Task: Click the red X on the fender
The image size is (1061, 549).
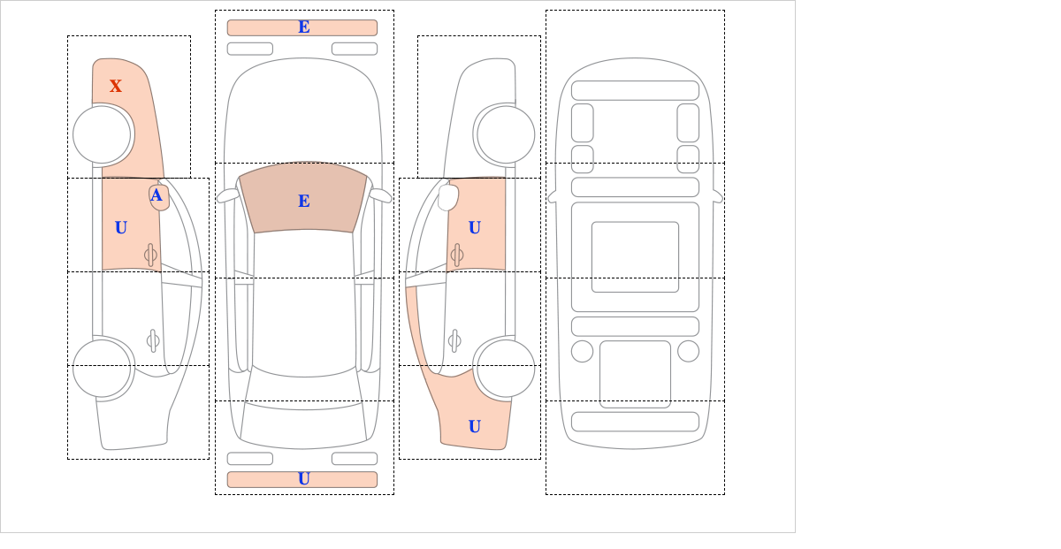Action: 116,86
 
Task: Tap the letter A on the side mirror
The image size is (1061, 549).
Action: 156,195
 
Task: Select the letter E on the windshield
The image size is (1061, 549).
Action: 304,201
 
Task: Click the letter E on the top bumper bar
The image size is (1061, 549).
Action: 304,27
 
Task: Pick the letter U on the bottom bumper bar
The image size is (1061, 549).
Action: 304,479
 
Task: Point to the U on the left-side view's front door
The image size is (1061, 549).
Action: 121,228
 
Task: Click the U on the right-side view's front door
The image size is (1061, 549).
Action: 475,228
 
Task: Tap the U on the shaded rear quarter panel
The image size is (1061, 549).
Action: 475,426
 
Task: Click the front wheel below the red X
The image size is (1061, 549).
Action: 102,135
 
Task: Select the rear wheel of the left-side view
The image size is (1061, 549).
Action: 102,368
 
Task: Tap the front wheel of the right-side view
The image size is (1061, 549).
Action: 506,135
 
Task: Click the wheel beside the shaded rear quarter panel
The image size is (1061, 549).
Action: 506,368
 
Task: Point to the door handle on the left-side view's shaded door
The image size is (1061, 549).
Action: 150,255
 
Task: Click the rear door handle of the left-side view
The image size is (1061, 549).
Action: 153,340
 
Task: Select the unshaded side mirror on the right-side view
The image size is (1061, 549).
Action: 448,197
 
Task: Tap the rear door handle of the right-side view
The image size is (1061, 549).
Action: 454,340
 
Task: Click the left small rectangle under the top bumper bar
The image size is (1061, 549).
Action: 250,49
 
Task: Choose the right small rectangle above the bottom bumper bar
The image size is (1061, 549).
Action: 355,459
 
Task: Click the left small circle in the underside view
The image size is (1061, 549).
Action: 582,352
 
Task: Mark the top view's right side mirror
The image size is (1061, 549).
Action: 380,195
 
